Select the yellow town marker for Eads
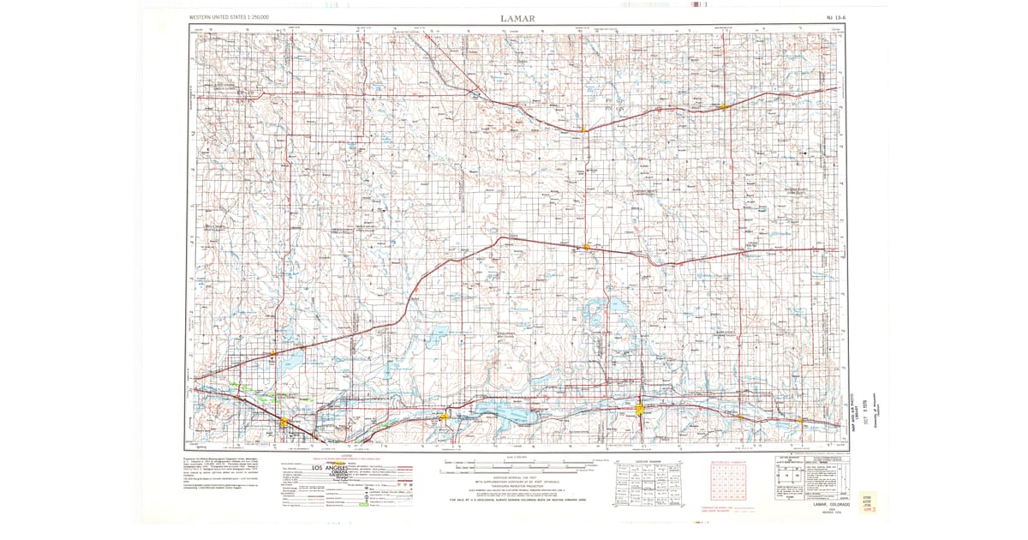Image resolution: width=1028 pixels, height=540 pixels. point(586,247)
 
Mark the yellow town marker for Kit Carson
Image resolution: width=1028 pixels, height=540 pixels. point(584,129)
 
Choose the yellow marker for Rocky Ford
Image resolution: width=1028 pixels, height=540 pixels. point(284,422)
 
